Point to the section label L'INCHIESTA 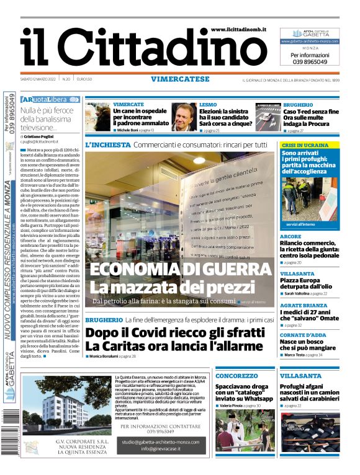(x=107, y=144)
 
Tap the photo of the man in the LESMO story (x=184, y=116)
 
